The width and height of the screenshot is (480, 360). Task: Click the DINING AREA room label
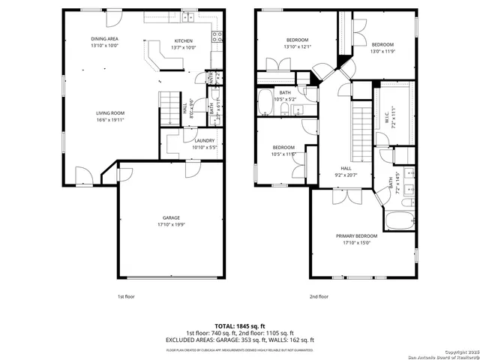click(104, 38)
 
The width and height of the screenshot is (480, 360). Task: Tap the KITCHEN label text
click(184, 41)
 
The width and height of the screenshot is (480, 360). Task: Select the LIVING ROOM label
click(109, 113)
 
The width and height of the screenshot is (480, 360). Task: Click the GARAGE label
click(172, 217)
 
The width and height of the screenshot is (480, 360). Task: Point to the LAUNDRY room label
click(205, 140)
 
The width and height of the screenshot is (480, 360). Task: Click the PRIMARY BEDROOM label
click(356, 235)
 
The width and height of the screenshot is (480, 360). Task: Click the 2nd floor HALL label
click(346, 168)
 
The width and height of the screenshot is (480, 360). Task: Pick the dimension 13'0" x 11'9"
click(382, 52)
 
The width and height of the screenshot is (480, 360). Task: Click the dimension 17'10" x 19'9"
click(172, 224)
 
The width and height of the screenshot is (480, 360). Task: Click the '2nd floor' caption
click(319, 296)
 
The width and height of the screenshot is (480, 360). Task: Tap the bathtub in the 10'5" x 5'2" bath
click(265, 103)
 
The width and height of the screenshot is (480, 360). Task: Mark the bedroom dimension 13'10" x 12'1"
click(296, 47)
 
